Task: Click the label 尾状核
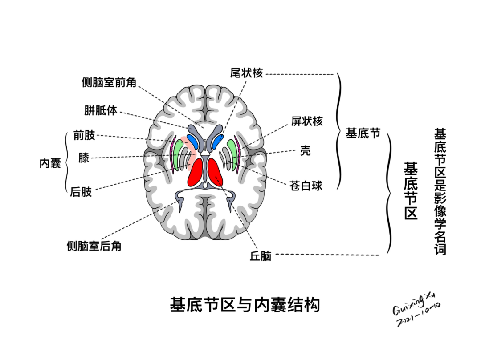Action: (x=246, y=73)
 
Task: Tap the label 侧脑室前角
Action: (x=109, y=82)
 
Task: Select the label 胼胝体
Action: (x=101, y=110)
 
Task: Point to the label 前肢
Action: (x=84, y=135)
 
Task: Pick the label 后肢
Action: (x=81, y=192)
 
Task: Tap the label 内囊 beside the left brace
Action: (x=50, y=163)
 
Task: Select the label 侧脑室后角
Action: (x=94, y=246)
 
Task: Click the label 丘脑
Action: (x=261, y=256)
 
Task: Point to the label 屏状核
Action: (x=307, y=121)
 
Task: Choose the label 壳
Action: (x=305, y=151)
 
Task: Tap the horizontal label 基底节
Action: (x=363, y=133)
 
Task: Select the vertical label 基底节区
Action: (x=411, y=191)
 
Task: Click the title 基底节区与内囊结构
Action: (x=245, y=305)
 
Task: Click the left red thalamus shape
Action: (x=196, y=172)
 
